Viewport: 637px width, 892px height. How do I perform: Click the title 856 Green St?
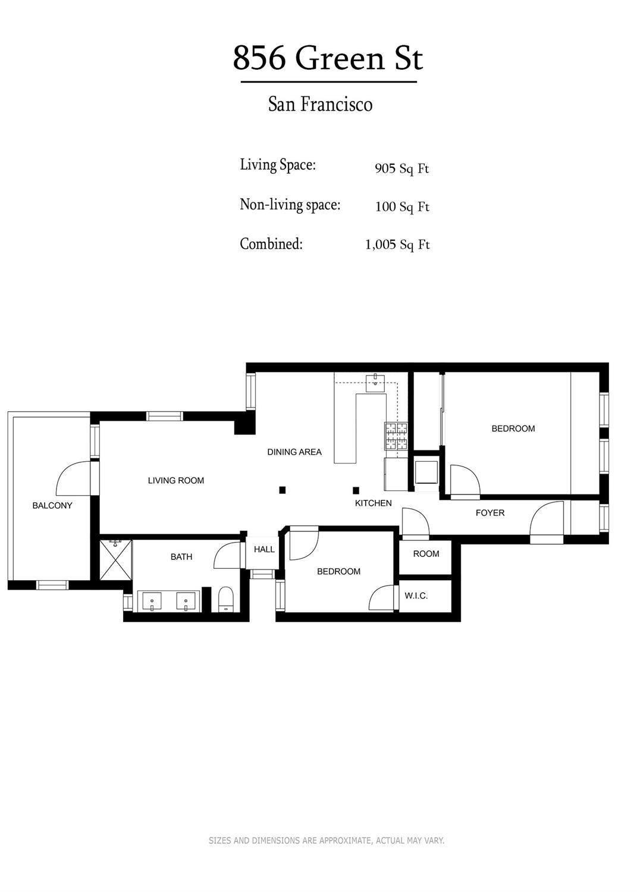point(328,58)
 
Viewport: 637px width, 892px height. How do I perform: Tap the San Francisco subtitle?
point(320,104)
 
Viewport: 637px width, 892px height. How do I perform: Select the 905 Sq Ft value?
point(401,168)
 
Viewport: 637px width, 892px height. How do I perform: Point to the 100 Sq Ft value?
point(401,206)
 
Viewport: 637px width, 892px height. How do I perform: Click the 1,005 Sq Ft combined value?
point(397,245)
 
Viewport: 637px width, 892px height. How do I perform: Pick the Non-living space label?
point(290,205)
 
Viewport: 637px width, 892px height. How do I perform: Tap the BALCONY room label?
point(52,505)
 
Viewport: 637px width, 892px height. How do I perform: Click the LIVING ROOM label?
point(176,480)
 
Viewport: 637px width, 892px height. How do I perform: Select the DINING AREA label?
point(294,452)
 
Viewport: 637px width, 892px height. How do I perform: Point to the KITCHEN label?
point(374,503)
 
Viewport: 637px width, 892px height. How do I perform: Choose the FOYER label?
point(490,512)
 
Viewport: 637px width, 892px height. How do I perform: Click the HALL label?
point(264,549)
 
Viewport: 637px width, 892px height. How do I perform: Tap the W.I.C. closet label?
point(416,595)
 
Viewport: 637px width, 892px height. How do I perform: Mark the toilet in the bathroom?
point(226,599)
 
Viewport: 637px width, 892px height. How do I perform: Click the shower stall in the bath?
point(115,560)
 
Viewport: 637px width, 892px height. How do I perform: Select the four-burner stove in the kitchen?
point(396,436)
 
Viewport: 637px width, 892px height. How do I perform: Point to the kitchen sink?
point(376,381)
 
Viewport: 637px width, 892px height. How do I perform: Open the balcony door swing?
point(74,480)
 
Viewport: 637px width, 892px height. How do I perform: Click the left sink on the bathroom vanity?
point(153,601)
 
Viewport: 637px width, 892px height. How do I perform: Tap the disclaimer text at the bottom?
point(327,840)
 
